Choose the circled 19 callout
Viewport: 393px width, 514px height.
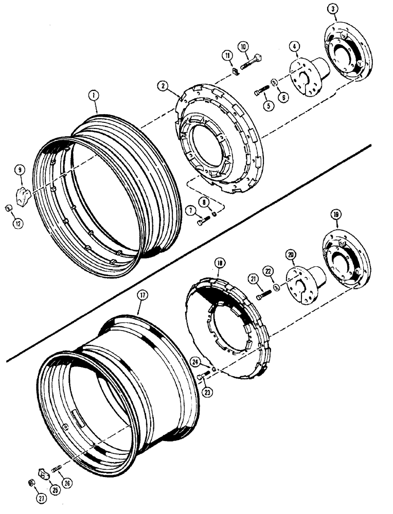(335, 214)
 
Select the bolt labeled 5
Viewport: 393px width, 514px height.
(262, 92)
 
